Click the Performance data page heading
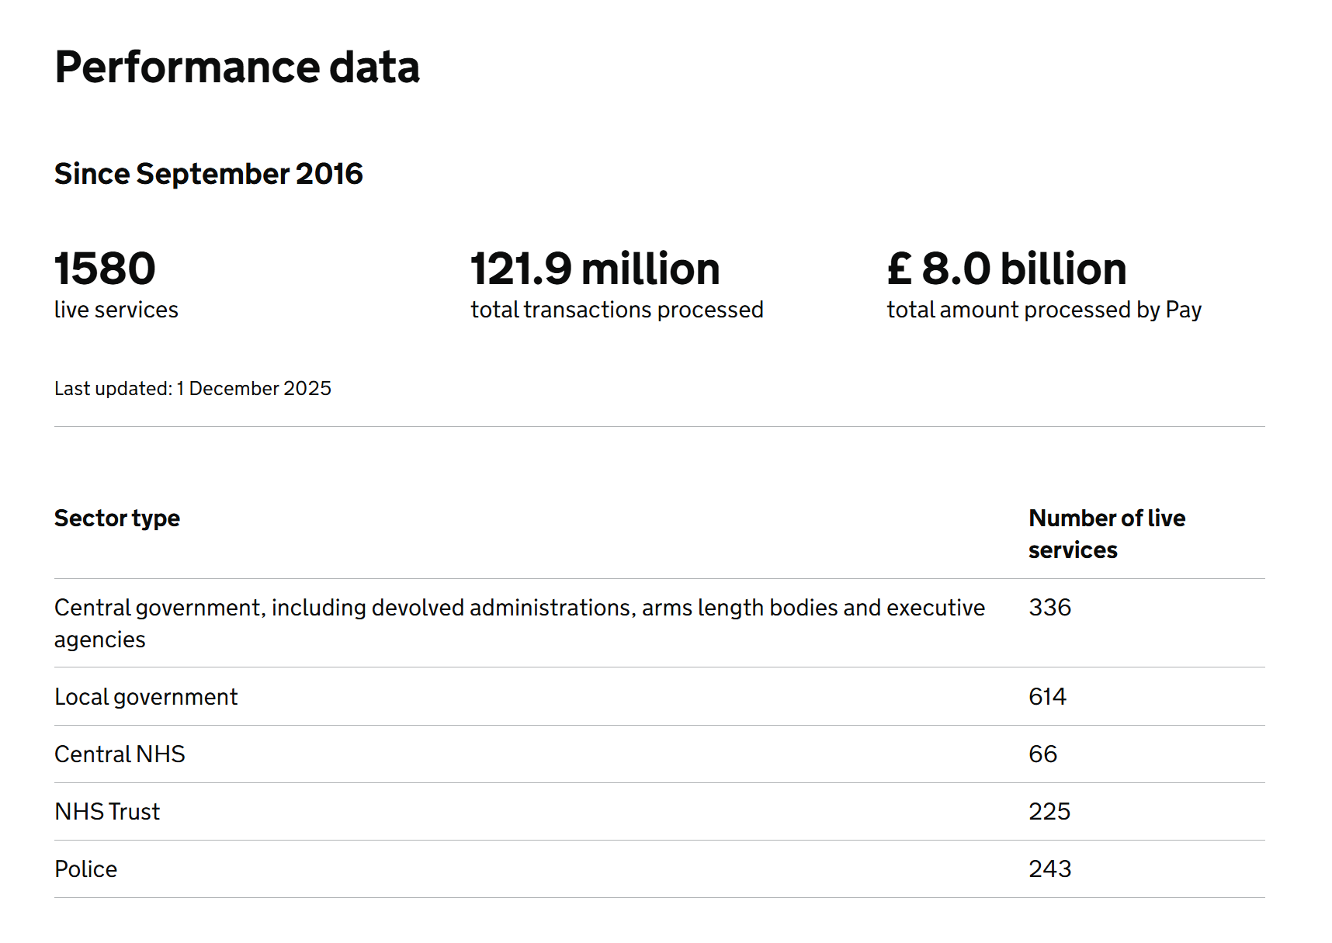237,68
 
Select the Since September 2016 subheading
208,174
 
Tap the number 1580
105,269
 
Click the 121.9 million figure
595,269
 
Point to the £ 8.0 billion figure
1006,269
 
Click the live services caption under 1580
116,310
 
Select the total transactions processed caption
616,310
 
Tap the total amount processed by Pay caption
1043,310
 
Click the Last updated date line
193,388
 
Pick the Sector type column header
117,518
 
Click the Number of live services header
1106,533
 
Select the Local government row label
146,697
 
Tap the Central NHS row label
120,754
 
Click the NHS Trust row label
107,812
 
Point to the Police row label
85,869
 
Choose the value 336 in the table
1049,608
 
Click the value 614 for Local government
1047,697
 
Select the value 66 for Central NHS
1042,754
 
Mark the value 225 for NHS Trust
1049,812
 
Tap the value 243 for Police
1049,869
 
